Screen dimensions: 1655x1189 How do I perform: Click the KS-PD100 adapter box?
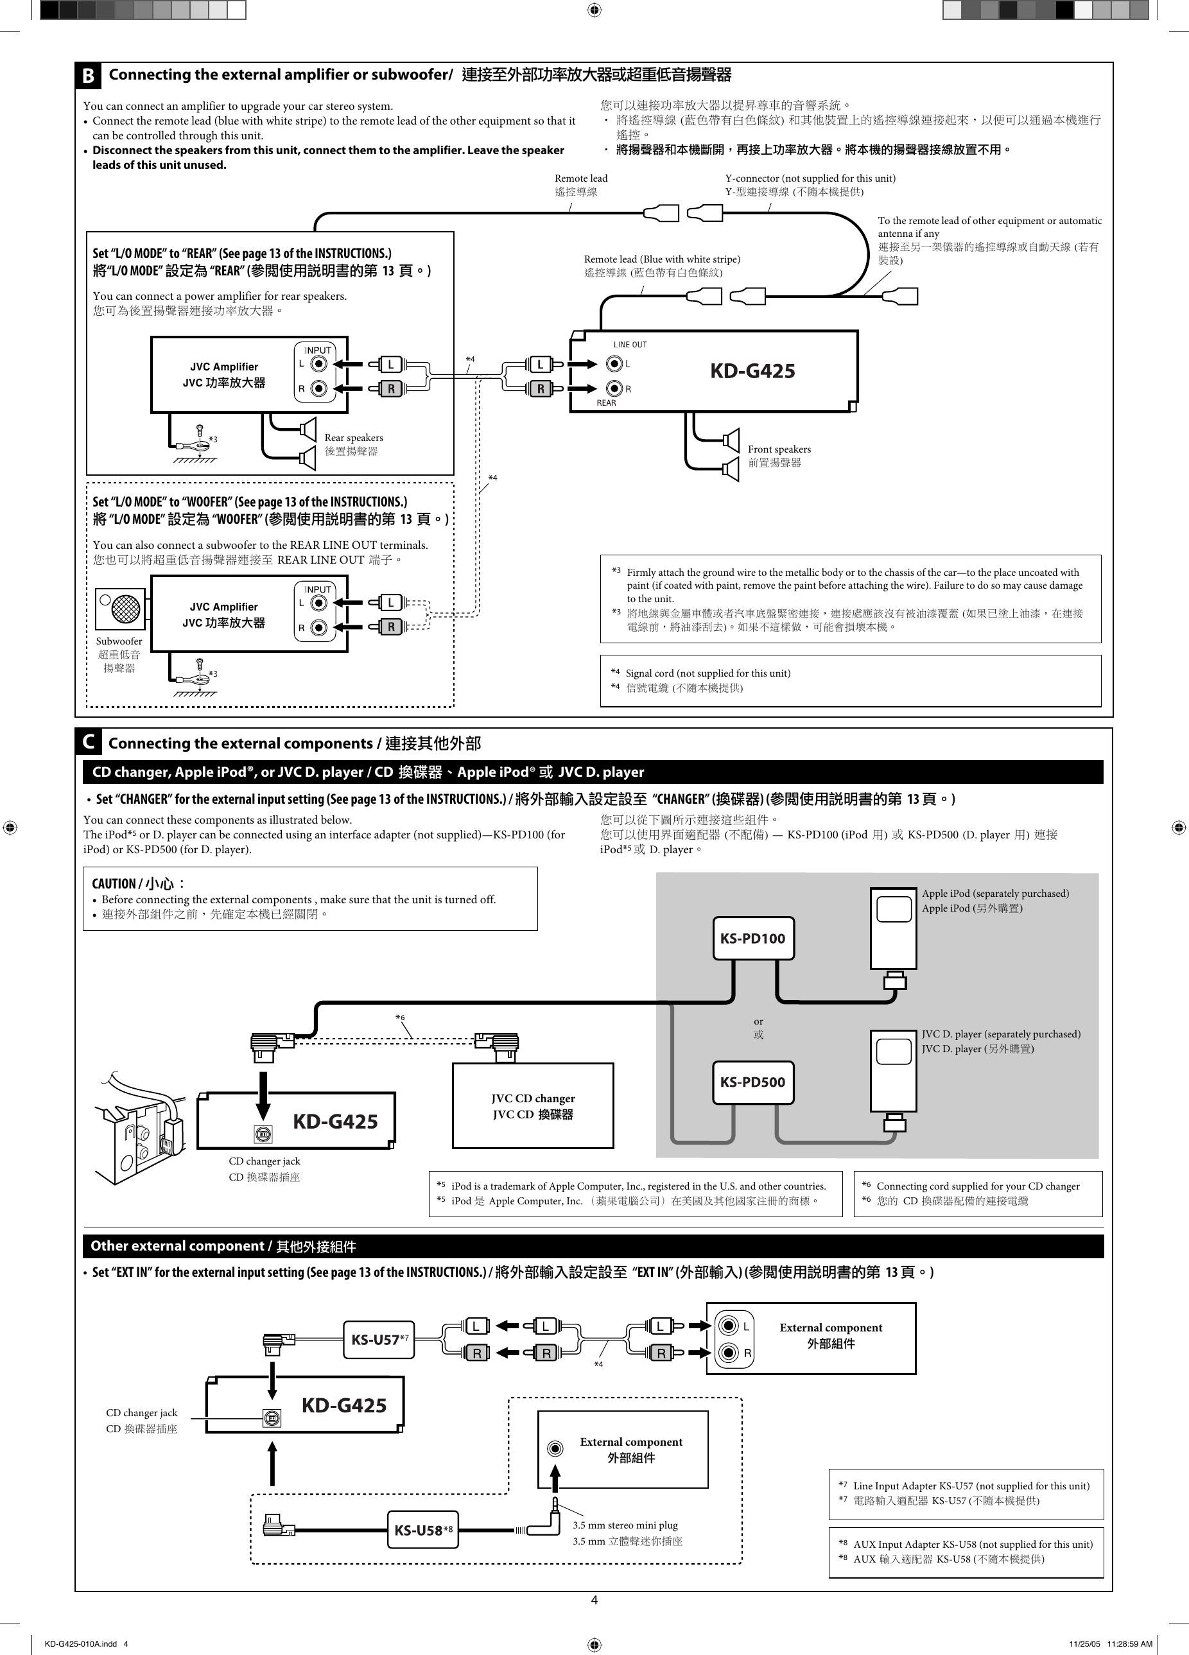coord(752,939)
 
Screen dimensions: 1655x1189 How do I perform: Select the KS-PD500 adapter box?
coord(752,1082)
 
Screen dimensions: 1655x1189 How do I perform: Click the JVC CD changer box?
coord(533,1105)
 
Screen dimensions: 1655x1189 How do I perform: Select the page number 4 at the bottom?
coord(594,1600)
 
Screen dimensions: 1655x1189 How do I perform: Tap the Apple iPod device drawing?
coord(894,929)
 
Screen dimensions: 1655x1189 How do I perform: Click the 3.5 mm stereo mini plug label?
coord(625,1525)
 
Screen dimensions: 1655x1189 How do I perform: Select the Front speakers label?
coord(779,449)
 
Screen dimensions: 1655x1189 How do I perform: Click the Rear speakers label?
coord(353,438)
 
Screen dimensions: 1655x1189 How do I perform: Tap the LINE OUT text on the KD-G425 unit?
coord(630,345)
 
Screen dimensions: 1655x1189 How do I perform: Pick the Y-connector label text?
coord(810,178)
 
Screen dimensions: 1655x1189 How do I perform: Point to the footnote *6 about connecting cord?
coord(977,1186)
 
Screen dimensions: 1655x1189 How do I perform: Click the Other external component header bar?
coord(593,1246)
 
